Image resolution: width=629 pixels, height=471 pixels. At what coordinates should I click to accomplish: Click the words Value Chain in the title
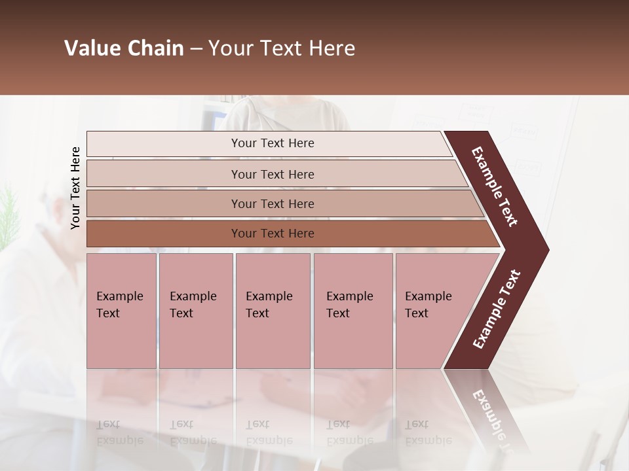[124, 48]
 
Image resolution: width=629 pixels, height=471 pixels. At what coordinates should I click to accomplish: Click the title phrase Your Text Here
[282, 48]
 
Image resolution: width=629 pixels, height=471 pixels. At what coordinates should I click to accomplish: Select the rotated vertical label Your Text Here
[75, 188]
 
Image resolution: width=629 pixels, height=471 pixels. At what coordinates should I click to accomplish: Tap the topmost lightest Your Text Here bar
[272, 143]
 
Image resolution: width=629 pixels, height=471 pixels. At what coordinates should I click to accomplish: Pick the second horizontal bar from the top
[272, 174]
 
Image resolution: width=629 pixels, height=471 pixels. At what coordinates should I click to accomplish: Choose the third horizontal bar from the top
[272, 203]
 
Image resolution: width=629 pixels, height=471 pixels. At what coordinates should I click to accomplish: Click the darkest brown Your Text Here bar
[272, 234]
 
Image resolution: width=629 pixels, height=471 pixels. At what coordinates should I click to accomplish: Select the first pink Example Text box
[121, 311]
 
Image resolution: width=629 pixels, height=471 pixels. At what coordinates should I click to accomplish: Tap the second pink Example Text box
[195, 311]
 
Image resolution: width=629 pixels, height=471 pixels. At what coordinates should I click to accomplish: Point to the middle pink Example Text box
[272, 311]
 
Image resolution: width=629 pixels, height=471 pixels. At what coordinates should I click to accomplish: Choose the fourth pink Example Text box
[353, 311]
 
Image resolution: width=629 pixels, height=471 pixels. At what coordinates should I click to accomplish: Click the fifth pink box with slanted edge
[432, 311]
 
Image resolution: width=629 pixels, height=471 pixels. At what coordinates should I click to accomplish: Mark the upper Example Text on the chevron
[495, 186]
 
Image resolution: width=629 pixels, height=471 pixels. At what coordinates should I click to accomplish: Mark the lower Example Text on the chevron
[496, 309]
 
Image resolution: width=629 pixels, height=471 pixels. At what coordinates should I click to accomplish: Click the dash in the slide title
[196, 49]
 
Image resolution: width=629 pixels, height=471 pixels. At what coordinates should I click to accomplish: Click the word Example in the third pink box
[269, 296]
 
